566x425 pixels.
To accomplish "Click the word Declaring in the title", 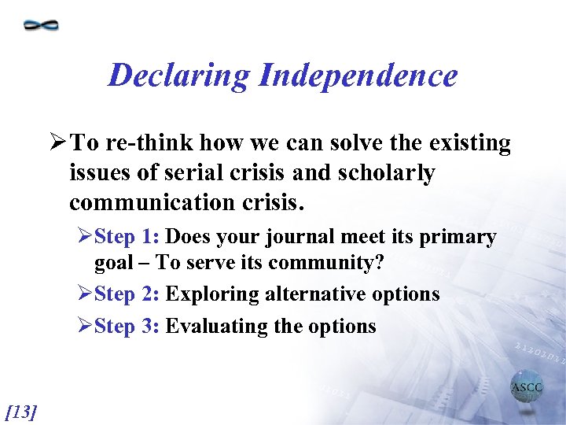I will point(178,76).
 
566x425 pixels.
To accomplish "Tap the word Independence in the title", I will point(358,76).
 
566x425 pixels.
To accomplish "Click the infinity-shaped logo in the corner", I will point(41,25).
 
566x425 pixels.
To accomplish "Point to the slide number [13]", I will point(21,410).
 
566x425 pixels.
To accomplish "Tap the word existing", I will point(469,143).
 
